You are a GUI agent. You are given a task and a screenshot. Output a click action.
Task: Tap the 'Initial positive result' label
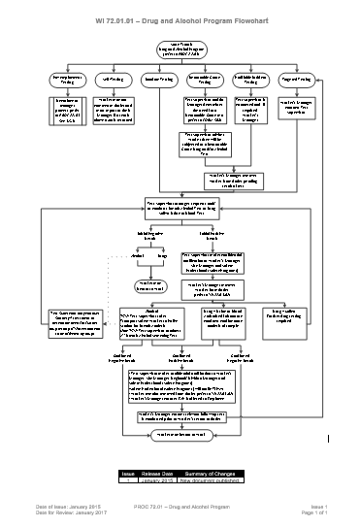pos(213,236)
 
